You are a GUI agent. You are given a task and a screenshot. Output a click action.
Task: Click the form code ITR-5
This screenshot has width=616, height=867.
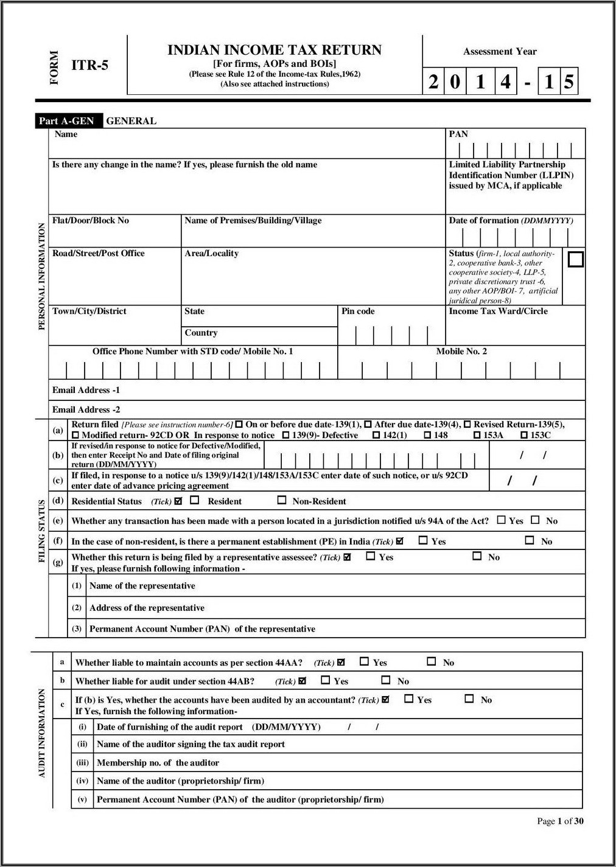89,65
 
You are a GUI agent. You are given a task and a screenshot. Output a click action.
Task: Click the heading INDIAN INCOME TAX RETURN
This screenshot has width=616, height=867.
275,50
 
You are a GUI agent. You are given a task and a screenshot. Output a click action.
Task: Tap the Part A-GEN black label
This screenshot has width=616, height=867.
66,120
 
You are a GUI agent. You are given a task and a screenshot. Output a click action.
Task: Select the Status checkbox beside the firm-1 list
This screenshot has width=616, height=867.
575,259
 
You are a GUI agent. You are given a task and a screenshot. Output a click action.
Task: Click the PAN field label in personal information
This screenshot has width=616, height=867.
458,134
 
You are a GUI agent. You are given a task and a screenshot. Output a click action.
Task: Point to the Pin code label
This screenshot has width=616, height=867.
358,311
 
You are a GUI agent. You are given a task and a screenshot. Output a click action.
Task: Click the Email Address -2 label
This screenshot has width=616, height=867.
86,409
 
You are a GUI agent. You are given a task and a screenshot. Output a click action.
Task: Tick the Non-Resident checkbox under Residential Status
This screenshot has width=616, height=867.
282,500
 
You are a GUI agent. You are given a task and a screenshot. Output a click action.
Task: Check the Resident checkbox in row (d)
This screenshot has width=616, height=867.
195,500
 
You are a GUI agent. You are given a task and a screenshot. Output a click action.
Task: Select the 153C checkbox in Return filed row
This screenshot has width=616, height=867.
524,435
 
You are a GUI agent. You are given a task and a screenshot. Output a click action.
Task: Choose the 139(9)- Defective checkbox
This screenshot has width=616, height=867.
286,435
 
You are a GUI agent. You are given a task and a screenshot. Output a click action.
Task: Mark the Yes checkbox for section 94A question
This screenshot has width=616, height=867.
501,520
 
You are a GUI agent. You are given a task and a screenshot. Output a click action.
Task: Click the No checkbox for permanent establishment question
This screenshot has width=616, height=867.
530,540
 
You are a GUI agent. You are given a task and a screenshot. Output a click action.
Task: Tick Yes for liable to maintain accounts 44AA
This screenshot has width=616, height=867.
365,661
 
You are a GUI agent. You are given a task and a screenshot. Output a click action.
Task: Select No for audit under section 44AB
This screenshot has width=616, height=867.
386,680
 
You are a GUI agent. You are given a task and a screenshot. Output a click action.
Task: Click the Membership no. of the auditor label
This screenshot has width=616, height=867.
158,762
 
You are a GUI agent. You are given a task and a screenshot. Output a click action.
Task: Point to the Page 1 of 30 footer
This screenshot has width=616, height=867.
560,821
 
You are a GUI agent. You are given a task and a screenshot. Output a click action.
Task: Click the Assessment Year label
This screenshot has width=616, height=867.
500,52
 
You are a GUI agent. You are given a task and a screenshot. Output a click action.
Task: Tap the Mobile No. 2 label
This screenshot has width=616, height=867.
461,351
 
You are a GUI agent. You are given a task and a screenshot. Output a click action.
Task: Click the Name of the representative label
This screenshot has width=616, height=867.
142,586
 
